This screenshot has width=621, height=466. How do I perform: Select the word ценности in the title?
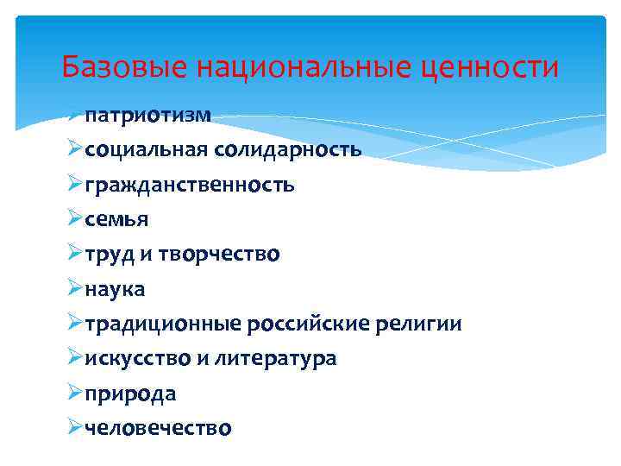pos(490,66)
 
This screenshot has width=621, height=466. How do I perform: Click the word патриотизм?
pos(148,115)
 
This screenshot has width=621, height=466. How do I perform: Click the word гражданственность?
pos(190,185)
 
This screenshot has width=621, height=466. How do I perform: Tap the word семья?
pos(116,219)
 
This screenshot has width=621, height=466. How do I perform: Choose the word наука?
pos(116,289)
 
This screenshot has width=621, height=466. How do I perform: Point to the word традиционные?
pos(163,324)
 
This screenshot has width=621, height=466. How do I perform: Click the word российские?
pos(309,324)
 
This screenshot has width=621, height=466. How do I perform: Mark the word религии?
pos(419,324)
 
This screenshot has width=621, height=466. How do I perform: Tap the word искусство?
pos(137,359)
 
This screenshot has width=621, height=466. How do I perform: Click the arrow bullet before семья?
pos(74,219)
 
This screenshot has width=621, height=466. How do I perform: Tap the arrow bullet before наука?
pos(74,289)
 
